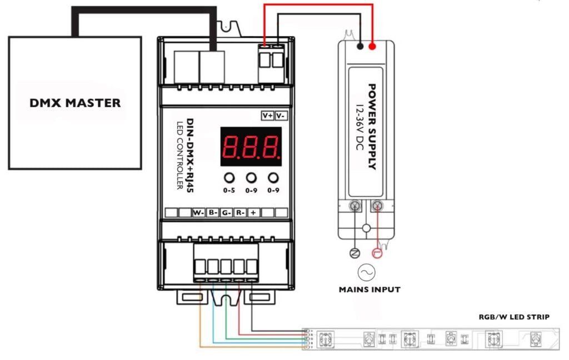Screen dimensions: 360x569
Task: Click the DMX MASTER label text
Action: click(75, 103)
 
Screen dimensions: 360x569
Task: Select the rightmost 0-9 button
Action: click(272, 178)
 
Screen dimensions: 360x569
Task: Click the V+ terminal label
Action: click(268, 116)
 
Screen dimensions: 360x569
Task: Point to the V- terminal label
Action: click(281, 116)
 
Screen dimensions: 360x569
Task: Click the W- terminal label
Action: click(198, 213)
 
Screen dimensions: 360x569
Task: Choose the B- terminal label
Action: click(212, 213)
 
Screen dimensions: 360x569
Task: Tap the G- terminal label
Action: click(226, 213)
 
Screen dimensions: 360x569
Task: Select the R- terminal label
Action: click(239, 213)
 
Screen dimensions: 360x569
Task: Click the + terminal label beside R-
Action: click(253, 213)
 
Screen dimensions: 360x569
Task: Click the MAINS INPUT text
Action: click(370, 289)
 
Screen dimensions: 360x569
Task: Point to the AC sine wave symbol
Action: click(366, 272)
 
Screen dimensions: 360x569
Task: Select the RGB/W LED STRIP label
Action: click(514, 317)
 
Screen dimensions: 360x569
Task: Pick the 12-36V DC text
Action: click(359, 127)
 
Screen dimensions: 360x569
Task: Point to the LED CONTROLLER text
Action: click(180, 155)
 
